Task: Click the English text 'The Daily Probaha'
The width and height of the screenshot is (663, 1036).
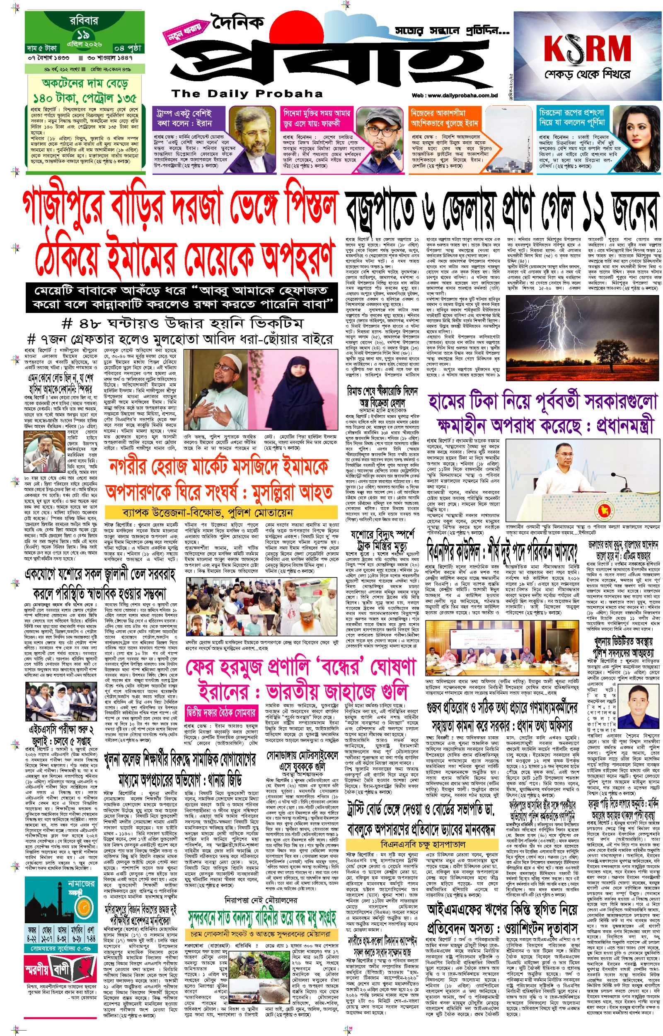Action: [247, 93]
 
